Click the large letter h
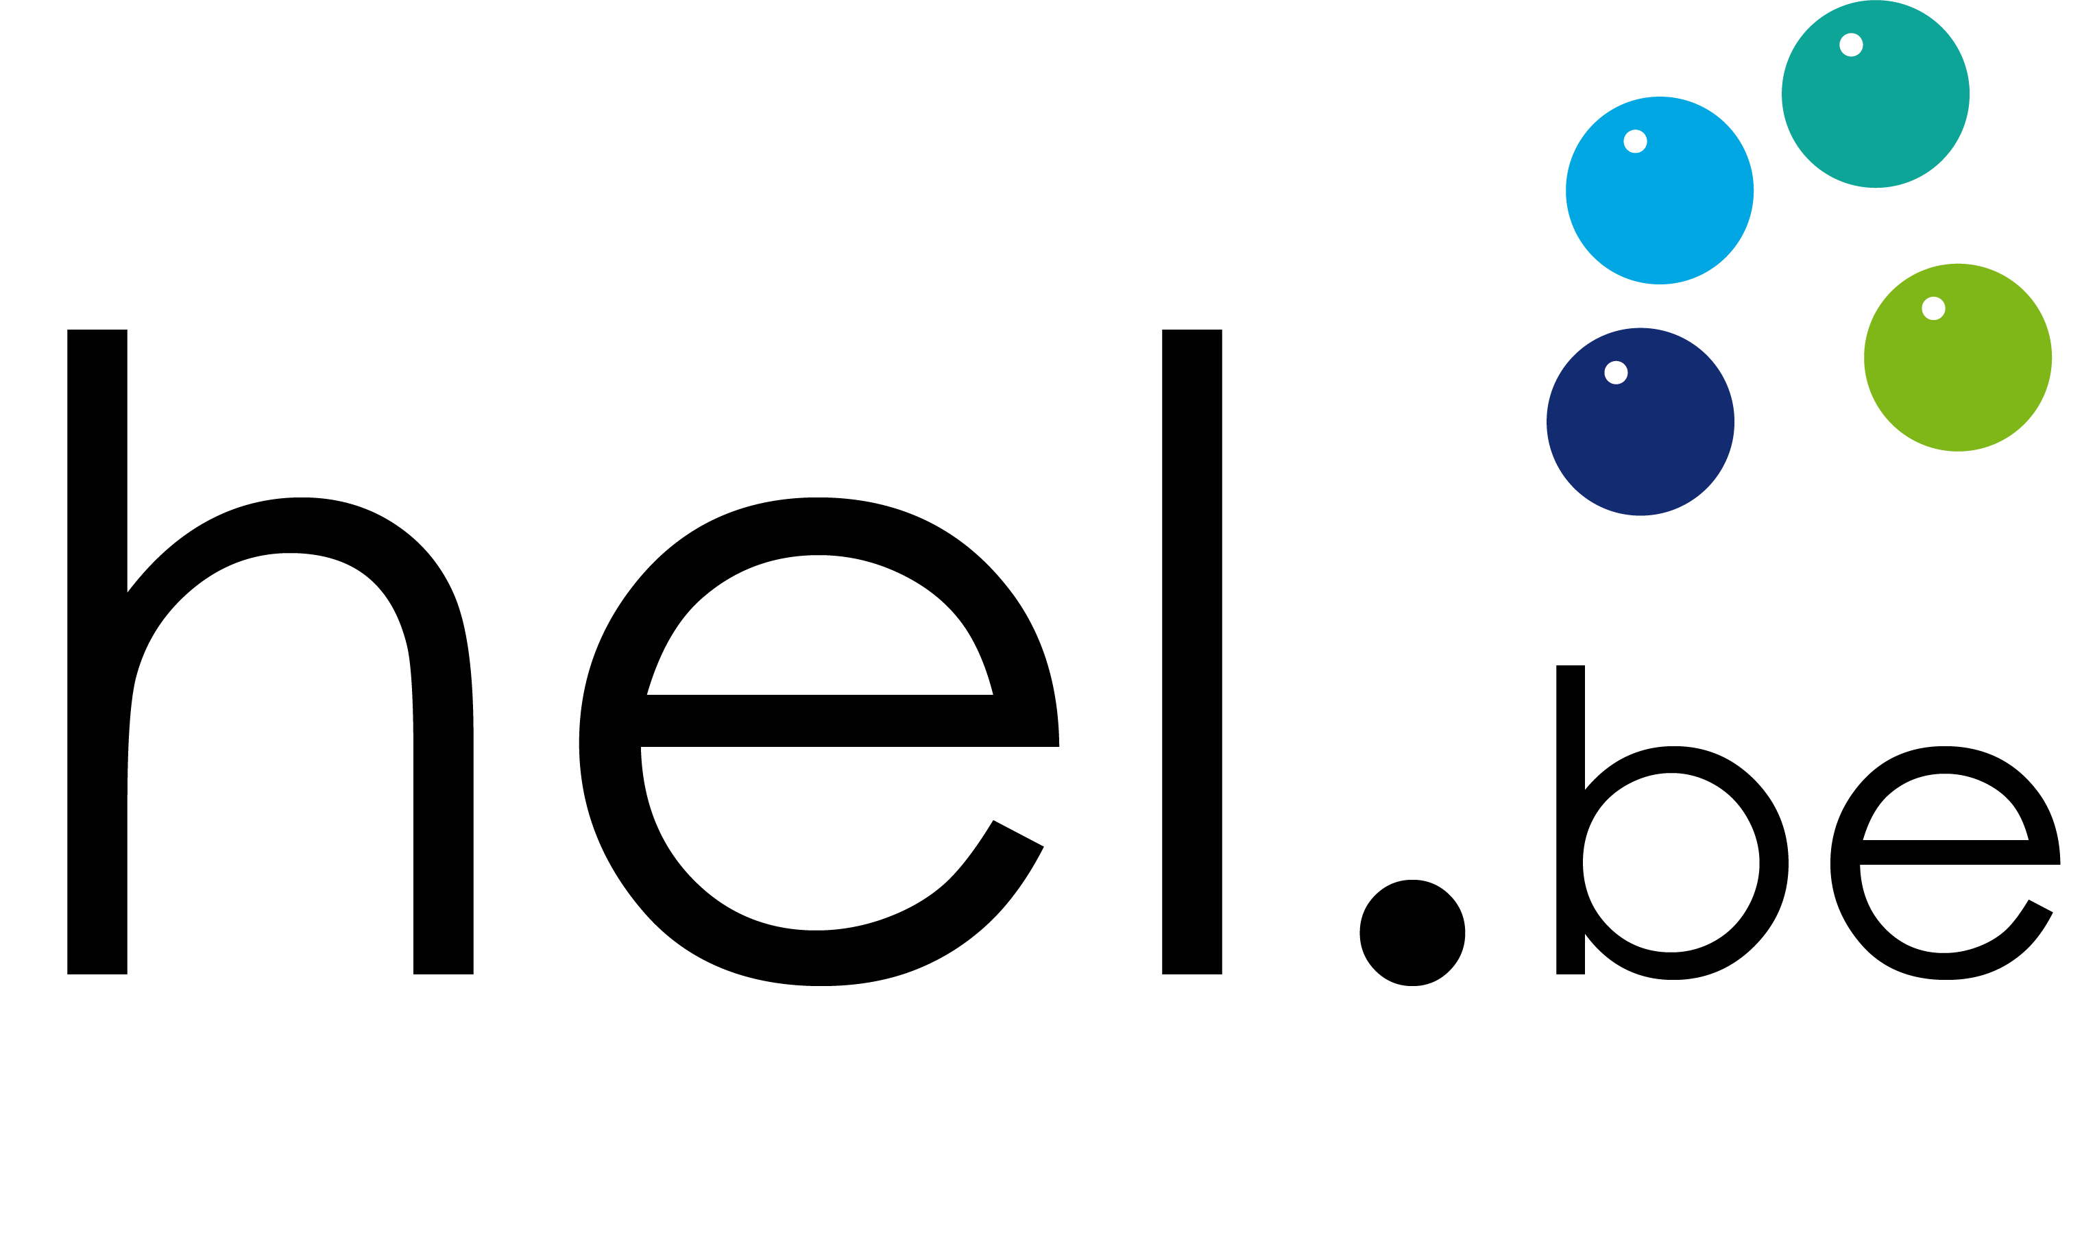[97, 653]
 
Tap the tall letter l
[1191, 652]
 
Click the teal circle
[1875, 94]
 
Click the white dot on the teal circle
[1851, 45]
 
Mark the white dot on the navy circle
[1616, 372]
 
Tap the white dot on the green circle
[1933, 308]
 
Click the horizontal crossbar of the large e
[849, 720]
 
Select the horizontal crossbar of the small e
[1961, 852]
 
